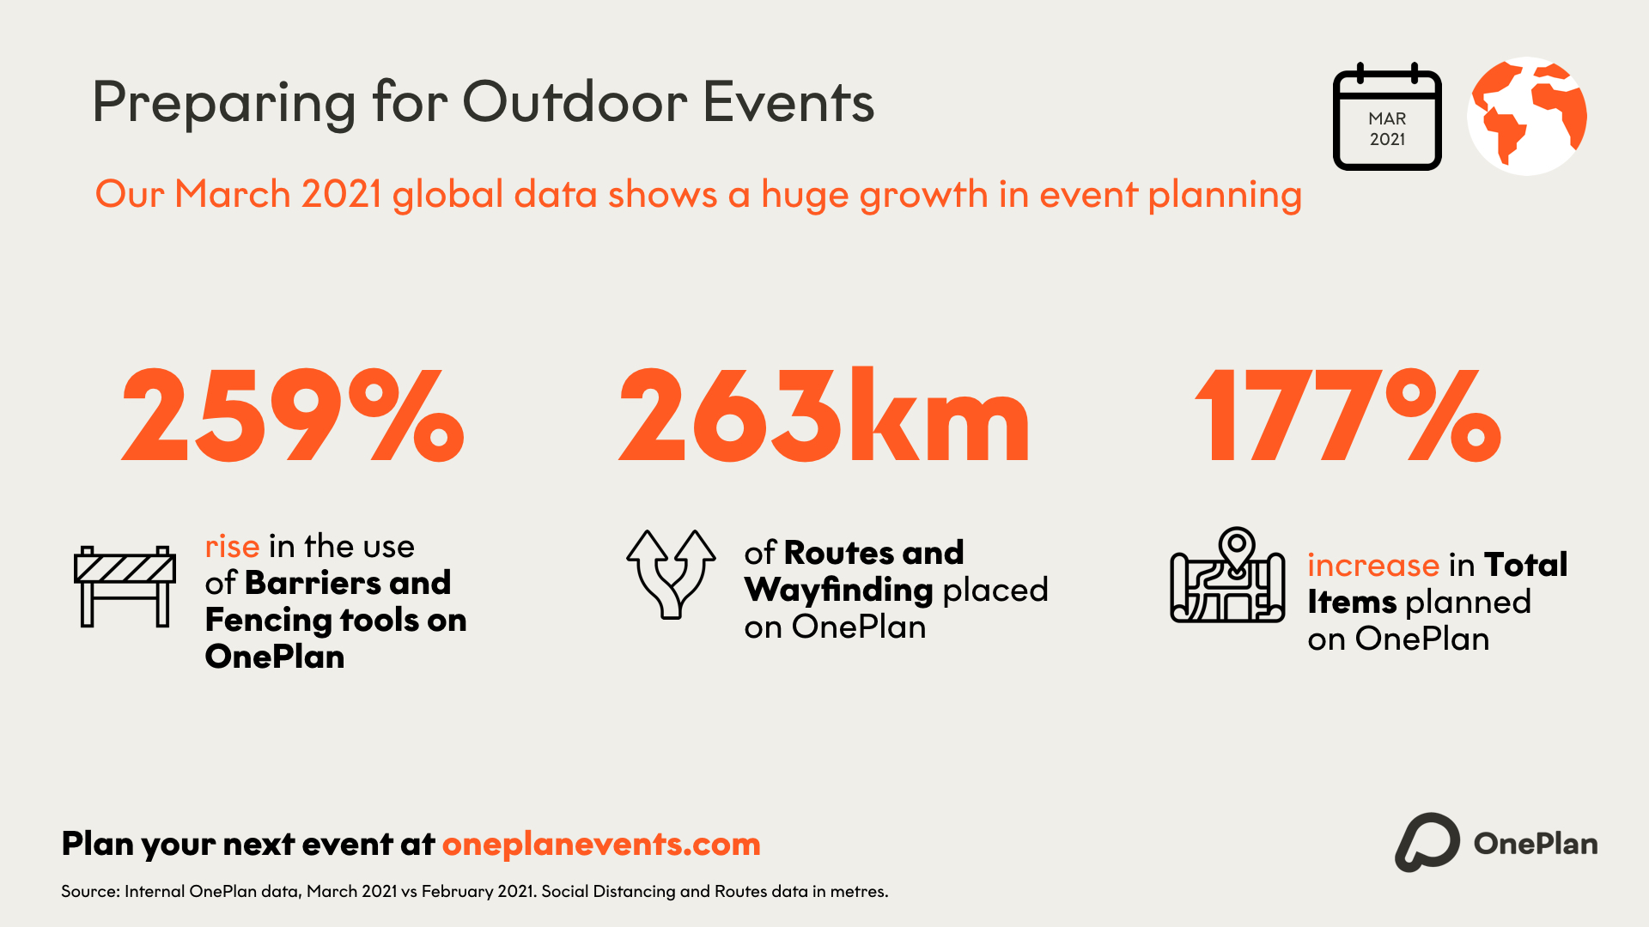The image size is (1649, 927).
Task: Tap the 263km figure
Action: (824, 415)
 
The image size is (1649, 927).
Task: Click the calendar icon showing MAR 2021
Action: (1387, 117)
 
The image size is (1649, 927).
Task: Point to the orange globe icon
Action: (1527, 117)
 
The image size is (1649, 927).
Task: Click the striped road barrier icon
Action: (125, 586)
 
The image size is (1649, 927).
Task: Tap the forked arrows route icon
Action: (671, 574)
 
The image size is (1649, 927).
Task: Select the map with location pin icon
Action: (1228, 575)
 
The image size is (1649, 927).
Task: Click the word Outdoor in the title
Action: (575, 102)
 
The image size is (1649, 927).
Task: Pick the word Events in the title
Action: (788, 102)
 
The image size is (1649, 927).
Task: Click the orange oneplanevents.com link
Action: (601, 845)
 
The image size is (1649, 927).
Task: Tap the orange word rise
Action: (232, 547)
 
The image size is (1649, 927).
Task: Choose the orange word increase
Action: (1373, 566)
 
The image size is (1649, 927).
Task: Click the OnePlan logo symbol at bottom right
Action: (1427, 843)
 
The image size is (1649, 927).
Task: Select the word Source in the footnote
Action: (89, 892)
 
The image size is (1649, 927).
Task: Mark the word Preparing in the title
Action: (223, 104)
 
